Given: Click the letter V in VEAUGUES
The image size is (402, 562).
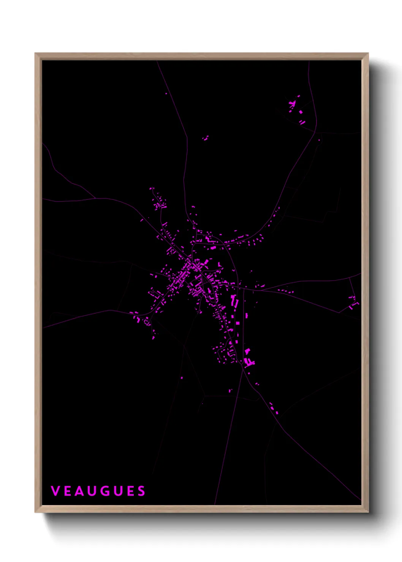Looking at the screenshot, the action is (x=55, y=491).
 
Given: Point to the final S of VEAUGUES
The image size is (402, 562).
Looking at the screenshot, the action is (x=141, y=491).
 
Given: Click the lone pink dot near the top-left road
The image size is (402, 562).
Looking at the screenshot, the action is (x=166, y=93).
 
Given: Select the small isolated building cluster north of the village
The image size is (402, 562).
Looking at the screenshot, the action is (x=206, y=138).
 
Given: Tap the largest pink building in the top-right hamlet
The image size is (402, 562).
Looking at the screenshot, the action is (x=301, y=112).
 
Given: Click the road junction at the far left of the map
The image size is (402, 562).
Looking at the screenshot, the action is (x=95, y=198).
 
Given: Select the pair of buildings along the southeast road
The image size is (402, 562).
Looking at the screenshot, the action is (x=274, y=408).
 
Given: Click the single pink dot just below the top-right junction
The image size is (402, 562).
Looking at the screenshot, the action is (x=319, y=140).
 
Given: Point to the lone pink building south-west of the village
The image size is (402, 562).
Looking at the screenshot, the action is (x=182, y=378).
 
